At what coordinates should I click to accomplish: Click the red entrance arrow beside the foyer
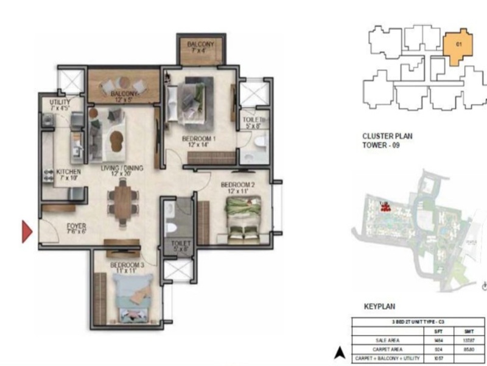click(x=27, y=232)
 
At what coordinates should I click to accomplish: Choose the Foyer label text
click(x=76, y=229)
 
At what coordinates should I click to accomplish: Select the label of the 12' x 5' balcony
click(x=124, y=96)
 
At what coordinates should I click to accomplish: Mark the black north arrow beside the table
click(x=339, y=352)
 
